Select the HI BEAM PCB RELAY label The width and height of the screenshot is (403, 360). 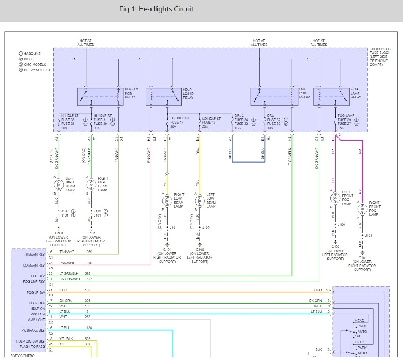coord(130,94)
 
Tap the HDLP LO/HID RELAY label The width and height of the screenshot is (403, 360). coord(188,94)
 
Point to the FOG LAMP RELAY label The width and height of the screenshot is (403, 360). coord(356,94)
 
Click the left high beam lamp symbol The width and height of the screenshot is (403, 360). coord(59,185)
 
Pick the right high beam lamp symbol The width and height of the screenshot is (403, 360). coord(91,185)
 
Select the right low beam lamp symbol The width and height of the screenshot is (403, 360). coord(167,200)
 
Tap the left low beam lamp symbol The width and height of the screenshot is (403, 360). coord(199,200)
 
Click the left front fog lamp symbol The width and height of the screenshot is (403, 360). coord(335,197)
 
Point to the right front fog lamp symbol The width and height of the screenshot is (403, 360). coord(362,209)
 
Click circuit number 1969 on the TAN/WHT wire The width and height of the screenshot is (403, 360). coord(88,252)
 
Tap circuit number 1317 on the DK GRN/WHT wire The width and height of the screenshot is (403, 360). coord(88,279)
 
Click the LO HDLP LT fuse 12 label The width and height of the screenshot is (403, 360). coord(211,123)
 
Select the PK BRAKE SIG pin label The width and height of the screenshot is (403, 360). coord(33,330)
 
